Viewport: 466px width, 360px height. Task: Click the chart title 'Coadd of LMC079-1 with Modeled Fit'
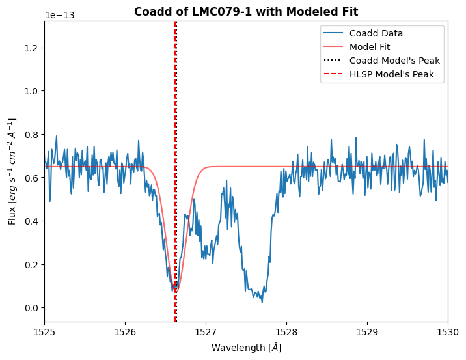(246, 12)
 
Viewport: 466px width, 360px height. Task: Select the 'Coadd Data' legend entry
(376, 33)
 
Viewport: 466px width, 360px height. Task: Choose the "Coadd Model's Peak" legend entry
(394, 61)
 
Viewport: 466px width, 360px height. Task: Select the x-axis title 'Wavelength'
(246, 348)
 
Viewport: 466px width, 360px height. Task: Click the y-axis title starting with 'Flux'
(12, 171)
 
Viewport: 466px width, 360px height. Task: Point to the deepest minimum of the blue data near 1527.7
(262, 302)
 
